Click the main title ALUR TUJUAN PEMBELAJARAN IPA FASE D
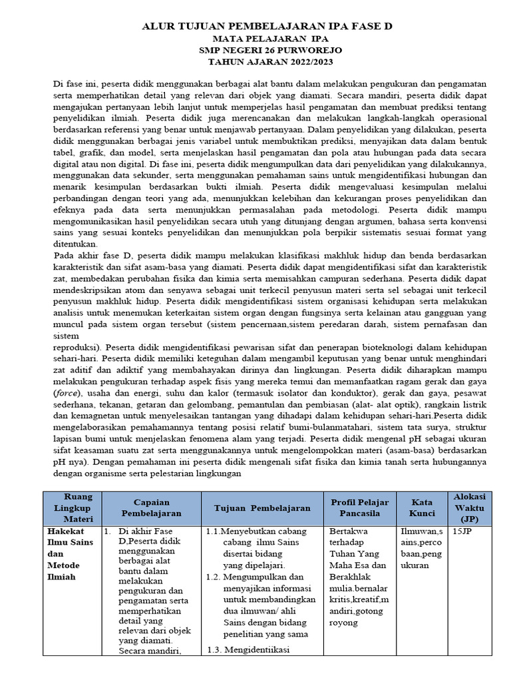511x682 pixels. pyautogui.click(x=268, y=27)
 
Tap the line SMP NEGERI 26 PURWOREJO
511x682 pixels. pyautogui.click(x=268, y=51)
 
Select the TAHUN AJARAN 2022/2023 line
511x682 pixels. pyautogui.click(x=268, y=62)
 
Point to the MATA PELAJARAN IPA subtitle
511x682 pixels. pyautogui.click(x=268, y=39)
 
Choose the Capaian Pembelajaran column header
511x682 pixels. pyautogui.click(x=152, y=508)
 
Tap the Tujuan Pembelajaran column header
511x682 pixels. pyautogui.click(x=262, y=508)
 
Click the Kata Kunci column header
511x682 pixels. pyautogui.click(x=422, y=508)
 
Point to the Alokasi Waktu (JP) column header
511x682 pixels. pyautogui.click(x=469, y=508)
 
